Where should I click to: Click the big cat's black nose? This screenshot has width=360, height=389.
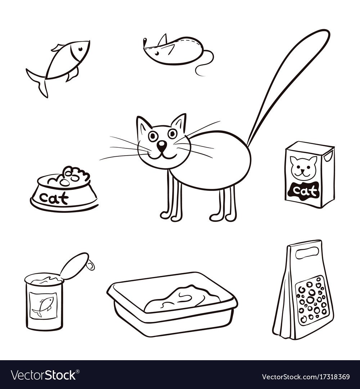pos(163,145)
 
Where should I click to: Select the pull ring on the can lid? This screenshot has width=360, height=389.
pos(91,266)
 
